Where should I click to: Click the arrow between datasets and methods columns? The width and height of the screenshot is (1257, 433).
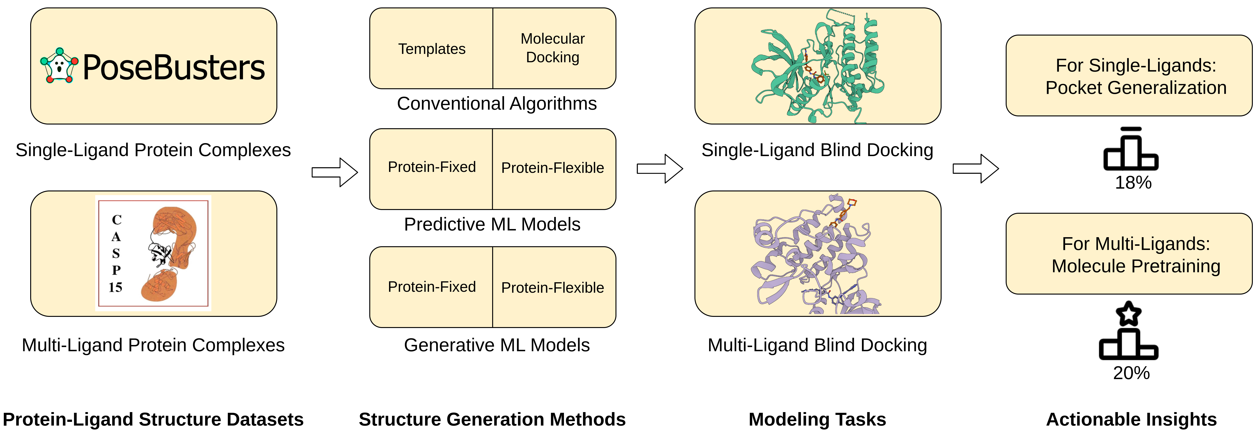click(335, 172)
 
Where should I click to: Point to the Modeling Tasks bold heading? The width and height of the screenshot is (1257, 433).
click(817, 419)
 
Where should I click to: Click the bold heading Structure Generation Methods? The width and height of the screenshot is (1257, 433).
click(492, 419)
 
